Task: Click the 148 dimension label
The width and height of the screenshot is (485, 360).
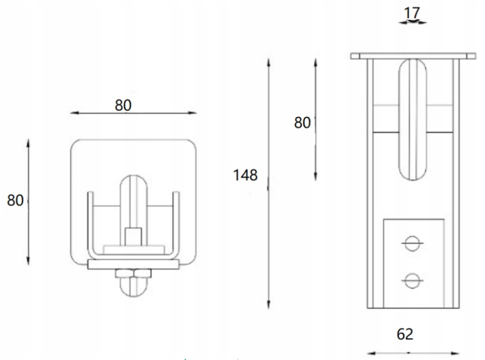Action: click(x=246, y=175)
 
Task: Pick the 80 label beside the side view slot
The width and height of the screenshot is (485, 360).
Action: click(x=303, y=122)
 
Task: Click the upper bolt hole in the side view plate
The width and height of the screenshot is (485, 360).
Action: click(x=412, y=242)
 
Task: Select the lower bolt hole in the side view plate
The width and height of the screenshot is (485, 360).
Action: click(x=412, y=280)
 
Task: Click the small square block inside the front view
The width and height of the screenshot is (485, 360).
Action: click(x=133, y=235)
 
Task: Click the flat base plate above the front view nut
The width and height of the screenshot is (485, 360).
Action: click(x=133, y=264)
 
